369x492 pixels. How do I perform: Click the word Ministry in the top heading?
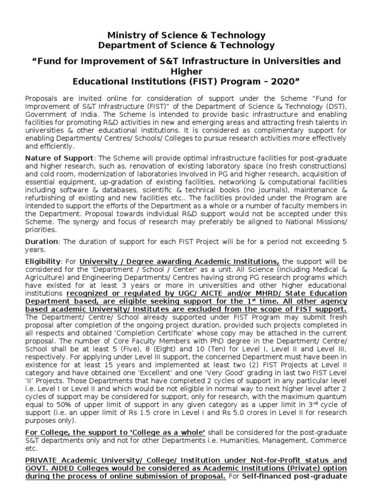[x=124, y=35]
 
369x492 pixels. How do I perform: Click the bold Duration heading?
[x=41, y=241]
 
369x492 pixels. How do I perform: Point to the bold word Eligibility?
[x=43, y=261]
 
